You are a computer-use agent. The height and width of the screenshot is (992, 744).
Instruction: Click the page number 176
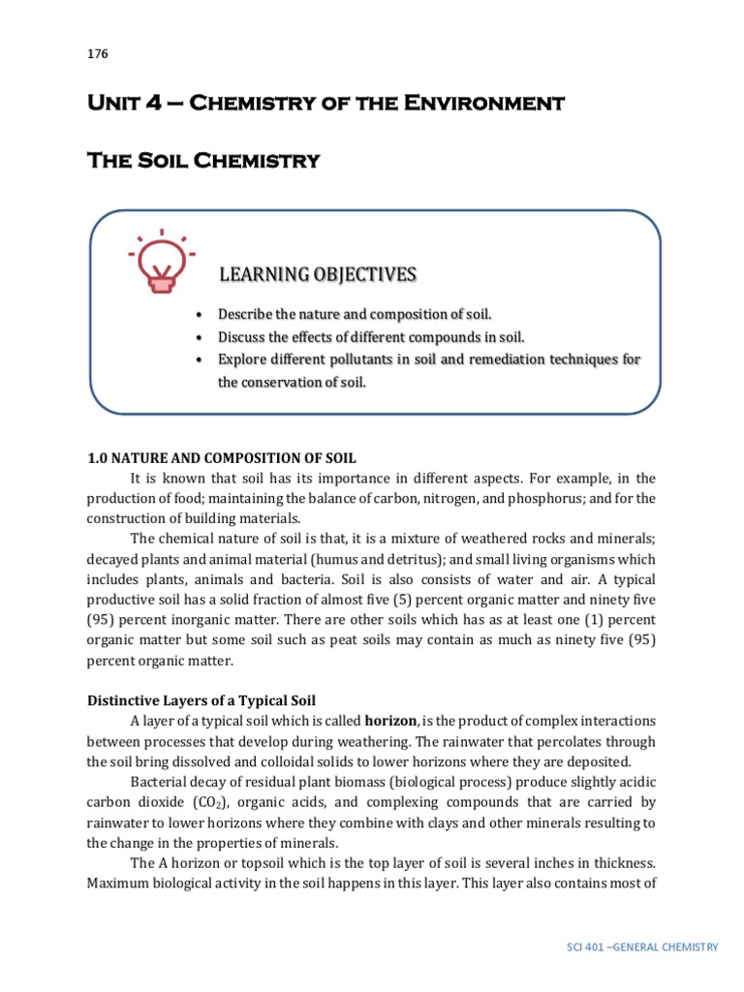click(98, 53)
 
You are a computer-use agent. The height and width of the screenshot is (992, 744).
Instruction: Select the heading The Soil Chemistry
click(203, 161)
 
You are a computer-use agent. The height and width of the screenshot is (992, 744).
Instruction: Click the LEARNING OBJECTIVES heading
click(317, 276)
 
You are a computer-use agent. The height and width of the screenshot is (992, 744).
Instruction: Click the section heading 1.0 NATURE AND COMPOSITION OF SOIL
click(229, 458)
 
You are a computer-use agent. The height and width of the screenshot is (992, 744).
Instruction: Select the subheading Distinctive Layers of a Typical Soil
click(201, 700)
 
